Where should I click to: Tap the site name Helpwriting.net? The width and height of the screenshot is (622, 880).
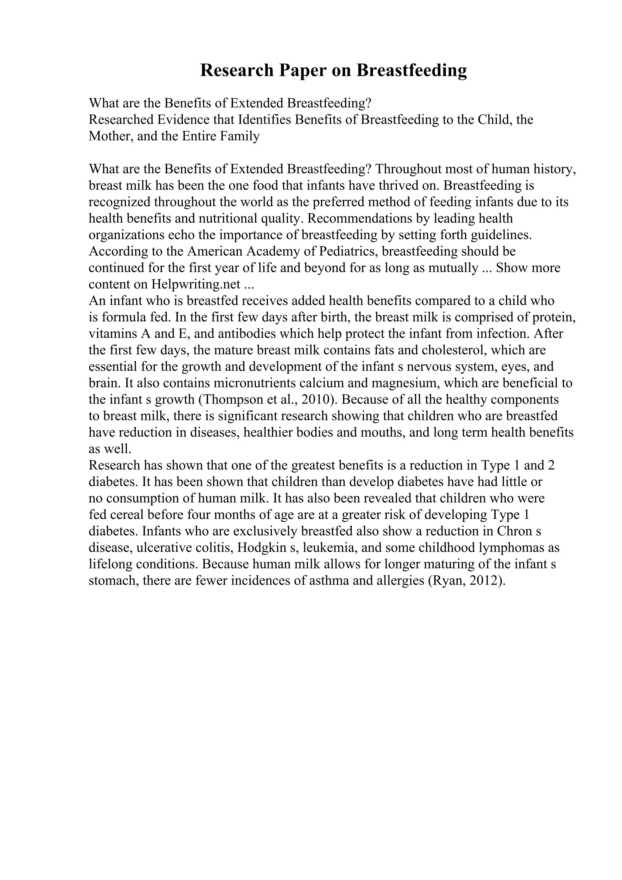196,285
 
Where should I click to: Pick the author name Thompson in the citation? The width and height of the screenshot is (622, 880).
231,400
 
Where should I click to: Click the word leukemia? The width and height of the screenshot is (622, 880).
330,548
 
